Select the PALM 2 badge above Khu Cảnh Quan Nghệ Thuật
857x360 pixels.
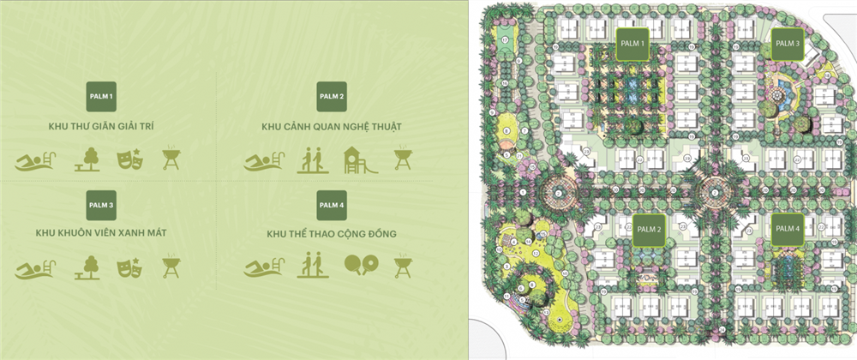(x=331, y=96)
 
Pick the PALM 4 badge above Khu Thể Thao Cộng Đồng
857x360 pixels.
(x=331, y=204)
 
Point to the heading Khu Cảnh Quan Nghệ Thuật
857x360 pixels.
(x=332, y=127)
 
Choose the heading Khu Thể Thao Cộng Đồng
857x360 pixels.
(x=331, y=233)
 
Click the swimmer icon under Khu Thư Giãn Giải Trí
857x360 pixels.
(x=34, y=159)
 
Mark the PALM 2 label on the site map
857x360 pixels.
(x=647, y=230)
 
